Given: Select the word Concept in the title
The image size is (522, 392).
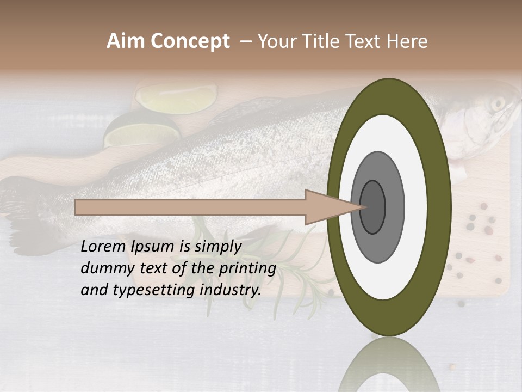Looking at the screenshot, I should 190,41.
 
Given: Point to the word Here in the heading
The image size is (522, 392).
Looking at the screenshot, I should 407,41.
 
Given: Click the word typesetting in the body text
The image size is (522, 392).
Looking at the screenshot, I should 155,290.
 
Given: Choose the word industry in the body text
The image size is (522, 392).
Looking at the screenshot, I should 231,290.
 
